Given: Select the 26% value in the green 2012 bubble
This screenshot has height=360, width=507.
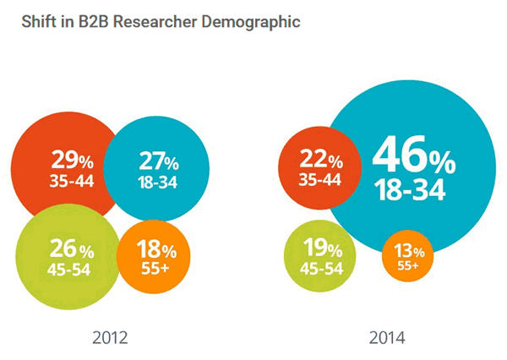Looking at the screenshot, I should [71, 249].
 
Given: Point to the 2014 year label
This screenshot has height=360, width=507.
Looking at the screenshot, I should [387, 338].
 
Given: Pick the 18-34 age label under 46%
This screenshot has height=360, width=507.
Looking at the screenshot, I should [410, 191].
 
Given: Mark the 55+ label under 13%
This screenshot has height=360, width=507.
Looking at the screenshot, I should [408, 265].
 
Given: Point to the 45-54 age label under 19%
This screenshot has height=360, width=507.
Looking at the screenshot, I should [321, 269].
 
